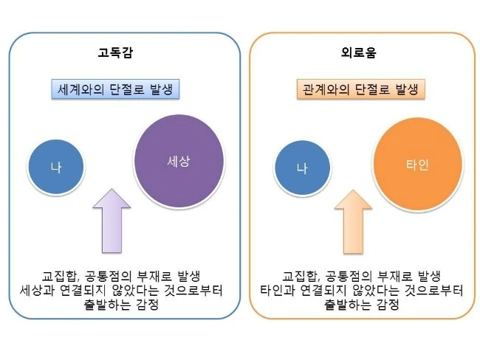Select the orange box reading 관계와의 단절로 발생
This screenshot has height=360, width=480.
coord(360,89)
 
